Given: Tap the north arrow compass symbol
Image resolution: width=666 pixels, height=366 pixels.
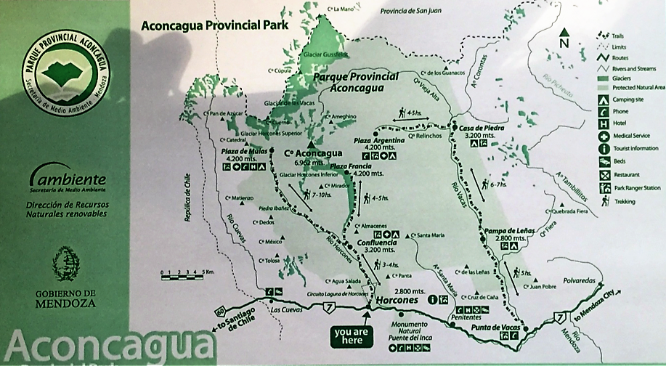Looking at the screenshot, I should coord(564,38).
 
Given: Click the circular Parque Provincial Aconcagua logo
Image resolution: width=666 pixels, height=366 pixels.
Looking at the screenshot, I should coord(65,72).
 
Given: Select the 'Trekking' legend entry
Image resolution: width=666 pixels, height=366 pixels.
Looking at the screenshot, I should coord(625,201).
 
